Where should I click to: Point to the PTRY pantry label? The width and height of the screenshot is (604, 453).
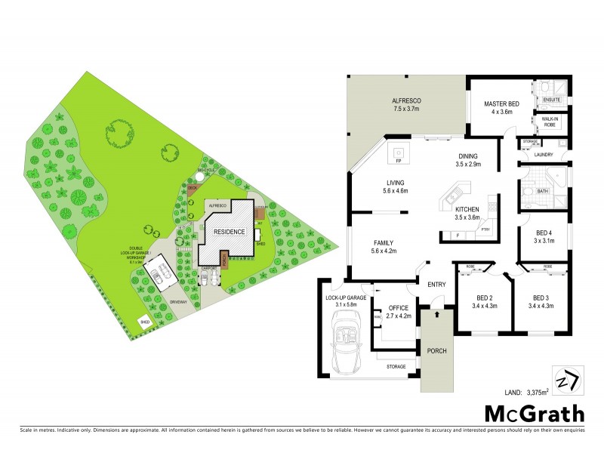(x=485, y=230)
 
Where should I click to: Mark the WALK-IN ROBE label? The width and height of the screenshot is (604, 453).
(x=549, y=121)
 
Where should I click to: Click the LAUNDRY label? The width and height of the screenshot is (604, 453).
(x=544, y=155)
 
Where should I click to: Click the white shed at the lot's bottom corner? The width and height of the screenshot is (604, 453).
(x=143, y=322)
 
